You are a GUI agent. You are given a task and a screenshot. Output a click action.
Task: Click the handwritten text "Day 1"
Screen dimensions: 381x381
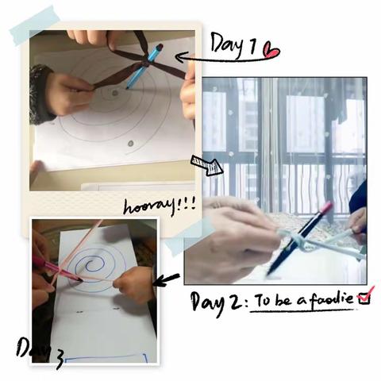click(233, 45)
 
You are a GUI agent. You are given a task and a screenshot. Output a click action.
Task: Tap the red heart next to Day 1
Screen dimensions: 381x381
click(271, 50)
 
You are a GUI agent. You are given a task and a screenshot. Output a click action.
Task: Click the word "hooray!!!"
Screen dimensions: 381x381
click(160, 206)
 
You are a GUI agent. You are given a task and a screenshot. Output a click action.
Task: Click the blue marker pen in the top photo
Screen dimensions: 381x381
click(144, 66)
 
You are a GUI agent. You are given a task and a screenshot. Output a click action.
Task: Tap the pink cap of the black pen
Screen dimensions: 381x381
click(326, 207)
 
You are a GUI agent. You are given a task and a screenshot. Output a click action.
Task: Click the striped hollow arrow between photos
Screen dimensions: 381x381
click(207, 165)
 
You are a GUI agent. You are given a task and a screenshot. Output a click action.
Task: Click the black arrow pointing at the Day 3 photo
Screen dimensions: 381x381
click(166, 281)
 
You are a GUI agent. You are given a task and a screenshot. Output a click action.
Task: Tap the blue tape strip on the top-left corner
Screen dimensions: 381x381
click(34, 25)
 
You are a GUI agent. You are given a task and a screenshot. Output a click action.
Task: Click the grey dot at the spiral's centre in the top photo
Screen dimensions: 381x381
click(114, 93)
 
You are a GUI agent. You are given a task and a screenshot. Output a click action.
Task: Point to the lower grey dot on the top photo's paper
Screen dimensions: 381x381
click(130, 144)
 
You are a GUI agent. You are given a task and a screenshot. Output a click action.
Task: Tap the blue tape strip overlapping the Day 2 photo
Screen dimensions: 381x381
click(190, 237)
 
